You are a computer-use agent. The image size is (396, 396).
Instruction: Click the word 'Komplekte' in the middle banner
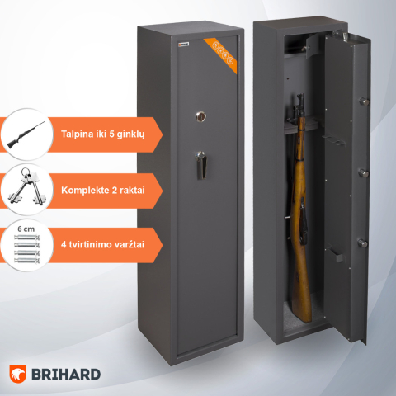click(87, 191)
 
